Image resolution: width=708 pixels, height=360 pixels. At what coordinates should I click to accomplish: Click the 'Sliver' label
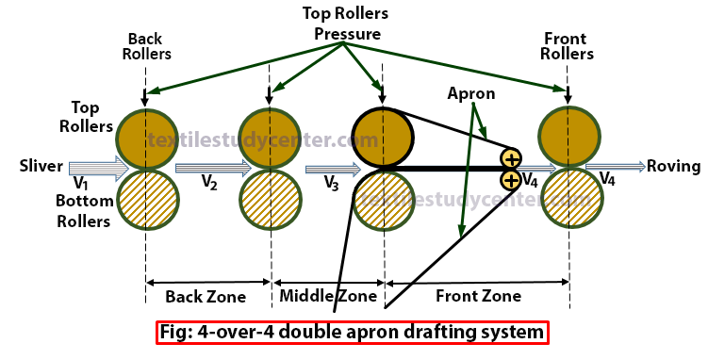pyautogui.click(x=41, y=167)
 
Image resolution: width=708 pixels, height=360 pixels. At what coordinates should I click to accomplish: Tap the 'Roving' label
pyautogui.click(x=674, y=167)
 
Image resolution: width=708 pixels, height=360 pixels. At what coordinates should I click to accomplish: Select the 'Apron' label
pyautogui.click(x=471, y=94)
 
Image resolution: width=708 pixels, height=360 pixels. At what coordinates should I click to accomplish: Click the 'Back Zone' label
pyautogui.click(x=206, y=297)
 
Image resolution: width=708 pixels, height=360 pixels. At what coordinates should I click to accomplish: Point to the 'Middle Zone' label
pyautogui.click(x=328, y=297)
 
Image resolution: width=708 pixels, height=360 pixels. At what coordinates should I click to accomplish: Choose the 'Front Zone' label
pyautogui.click(x=478, y=297)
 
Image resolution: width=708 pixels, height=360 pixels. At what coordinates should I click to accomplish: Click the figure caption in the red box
pyautogui.click(x=352, y=332)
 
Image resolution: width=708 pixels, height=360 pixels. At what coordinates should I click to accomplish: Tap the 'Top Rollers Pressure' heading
pyautogui.click(x=347, y=24)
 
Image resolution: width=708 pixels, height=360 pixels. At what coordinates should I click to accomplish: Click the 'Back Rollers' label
pyautogui.click(x=147, y=45)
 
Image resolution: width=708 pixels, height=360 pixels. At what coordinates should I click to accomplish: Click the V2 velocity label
pyautogui.click(x=209, y=183)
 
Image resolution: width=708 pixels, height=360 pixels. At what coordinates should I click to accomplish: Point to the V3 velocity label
pyautogui.click(x=331, y=183)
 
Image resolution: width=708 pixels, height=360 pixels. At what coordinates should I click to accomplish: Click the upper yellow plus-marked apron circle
pyautogui.click(x=510, y=157)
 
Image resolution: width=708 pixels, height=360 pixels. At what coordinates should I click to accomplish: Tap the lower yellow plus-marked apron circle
pyautogui.click(x=510, y=179)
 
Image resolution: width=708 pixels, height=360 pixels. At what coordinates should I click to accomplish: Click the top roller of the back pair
pyautogui.click(x=146, y=136)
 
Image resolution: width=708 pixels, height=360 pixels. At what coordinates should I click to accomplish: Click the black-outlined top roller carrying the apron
pyautogui.click(x=382, y=138)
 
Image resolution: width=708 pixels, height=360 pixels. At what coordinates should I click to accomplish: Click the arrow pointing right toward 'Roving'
pyautogui.click(x=615, y=167)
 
